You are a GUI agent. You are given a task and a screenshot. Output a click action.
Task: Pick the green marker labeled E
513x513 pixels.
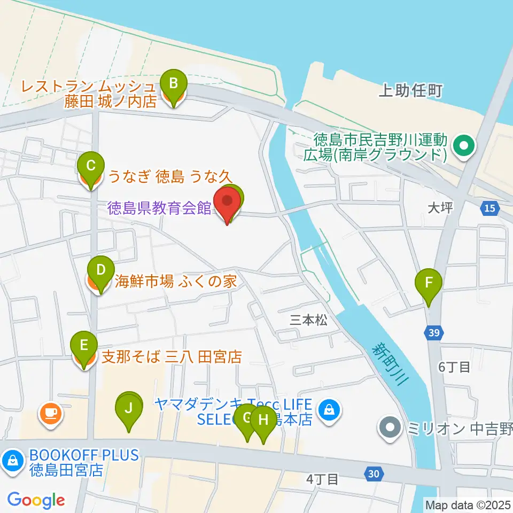pyautogui.click(x=84, y=345)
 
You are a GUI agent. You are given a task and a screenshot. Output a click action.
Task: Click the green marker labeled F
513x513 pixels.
pyautogui.click(x=429, y=283)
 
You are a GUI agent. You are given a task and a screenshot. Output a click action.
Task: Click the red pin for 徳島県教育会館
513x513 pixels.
pyautogui.click(x=227, y=203)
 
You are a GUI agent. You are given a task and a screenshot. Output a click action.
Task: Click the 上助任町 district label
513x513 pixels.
pyautogui.click(x=410, y=91)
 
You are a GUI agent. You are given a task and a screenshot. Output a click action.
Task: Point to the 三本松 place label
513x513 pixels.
pyautogui.click(x=308, y=320)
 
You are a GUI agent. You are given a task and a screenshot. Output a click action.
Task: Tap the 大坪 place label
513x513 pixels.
pyautogui.click(x=440, y=207)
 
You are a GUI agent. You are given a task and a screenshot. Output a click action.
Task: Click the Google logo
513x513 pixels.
pyautogui.click(x=36, y=500)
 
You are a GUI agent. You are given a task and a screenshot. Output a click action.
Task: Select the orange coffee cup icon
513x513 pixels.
pyautogui.click(x=50, y=413)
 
